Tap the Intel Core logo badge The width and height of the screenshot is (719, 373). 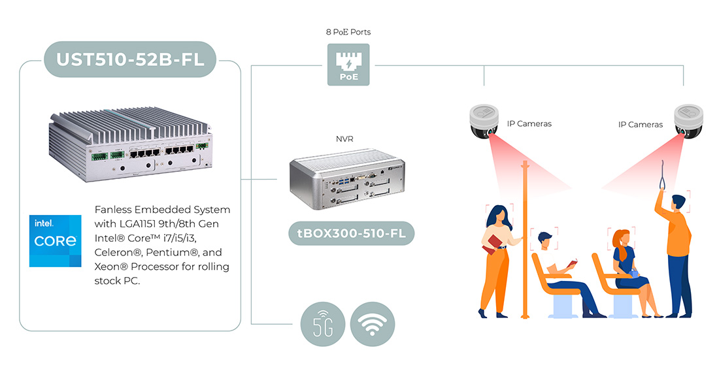[56, 240]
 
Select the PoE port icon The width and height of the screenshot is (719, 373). [348, 64]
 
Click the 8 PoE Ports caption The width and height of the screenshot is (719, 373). [348, 31]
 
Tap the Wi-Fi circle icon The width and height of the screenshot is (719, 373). [373, 323]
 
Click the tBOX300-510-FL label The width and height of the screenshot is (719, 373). [351, 233]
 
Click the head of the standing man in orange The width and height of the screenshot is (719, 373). [679, 203]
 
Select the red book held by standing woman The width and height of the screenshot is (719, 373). [493, 244]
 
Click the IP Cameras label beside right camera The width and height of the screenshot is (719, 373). [641, 124]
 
